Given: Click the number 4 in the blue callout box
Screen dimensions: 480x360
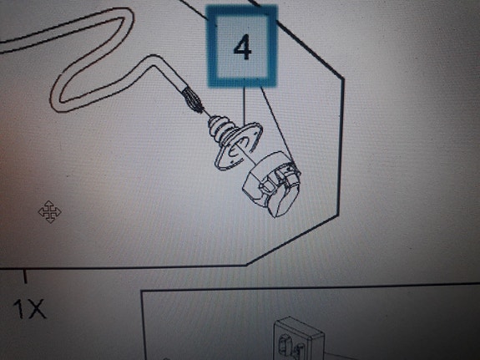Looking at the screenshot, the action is (x=242, y=48).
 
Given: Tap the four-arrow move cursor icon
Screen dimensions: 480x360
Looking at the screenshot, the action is (x=49, y=211).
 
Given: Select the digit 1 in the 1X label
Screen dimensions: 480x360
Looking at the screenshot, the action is (x=19, y=309).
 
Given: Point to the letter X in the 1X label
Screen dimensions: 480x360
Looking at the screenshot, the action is (x=36, y=309).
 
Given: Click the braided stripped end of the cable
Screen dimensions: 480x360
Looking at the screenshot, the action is (x=193, y=99).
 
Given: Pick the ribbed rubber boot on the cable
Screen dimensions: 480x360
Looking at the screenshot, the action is (x=220, y=131).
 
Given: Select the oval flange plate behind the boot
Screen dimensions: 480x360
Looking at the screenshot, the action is (x=239, y=146).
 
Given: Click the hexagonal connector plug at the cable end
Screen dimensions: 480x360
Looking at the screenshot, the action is (x=271, y=183).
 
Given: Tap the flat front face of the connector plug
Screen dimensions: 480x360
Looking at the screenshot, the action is (x=282, y=200).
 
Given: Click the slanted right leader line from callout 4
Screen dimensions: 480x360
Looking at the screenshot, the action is (x=277, y=126).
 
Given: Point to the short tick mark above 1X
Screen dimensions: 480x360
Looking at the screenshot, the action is (x=25, y=276).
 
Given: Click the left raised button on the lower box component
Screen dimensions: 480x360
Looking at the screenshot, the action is (x=285, y=342).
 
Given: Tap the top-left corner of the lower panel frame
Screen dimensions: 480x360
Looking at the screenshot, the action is (x=141, y=290).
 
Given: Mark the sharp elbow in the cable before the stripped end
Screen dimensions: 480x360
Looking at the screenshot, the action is (x=153, y=60).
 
